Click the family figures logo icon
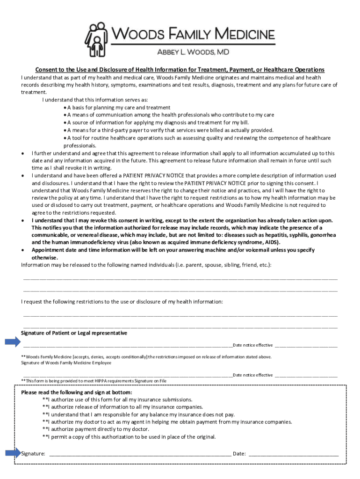[96, 39]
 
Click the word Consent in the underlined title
[50, 70]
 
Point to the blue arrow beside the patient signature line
[13, 342]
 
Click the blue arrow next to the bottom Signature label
[13, 452]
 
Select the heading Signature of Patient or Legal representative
[74, 333]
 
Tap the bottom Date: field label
[239, 453]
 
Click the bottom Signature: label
[33, 453]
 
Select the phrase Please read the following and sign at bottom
[77, 392]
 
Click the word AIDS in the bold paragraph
[271, 242]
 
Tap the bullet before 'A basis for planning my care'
[65, 108]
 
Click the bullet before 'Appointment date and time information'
[23, 250]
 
